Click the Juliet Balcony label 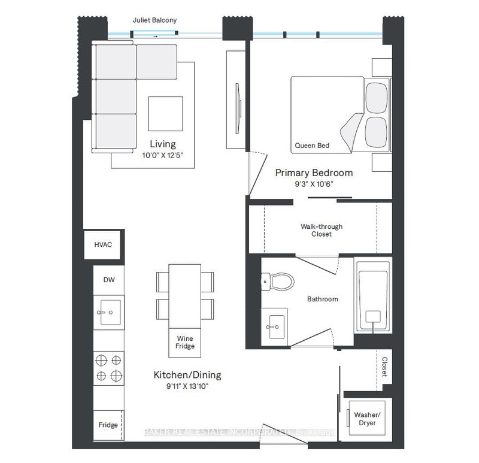[x=154, y=20]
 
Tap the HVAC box [x=102, y=244]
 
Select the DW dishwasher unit [x=109, y=280]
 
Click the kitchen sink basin [x=111, y=312]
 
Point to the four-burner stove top [x=109, y=368]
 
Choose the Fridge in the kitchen [x=108, y=425]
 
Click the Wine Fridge [x=185, y=343]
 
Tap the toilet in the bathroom [x=278, y=281]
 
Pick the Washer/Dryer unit [x=367, y=419]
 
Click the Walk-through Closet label [x=322, y=230]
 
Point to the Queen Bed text [x=312, y=146]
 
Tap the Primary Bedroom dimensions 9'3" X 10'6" [x=314, y=184]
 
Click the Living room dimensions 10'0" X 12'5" [x=162, y=155]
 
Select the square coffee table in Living [x=166, y=114]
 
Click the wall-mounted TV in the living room [x=238, y=108]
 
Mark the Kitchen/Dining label [x=187, y=375]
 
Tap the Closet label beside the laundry [x=384, y=367]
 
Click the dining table [x=185, y=296]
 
